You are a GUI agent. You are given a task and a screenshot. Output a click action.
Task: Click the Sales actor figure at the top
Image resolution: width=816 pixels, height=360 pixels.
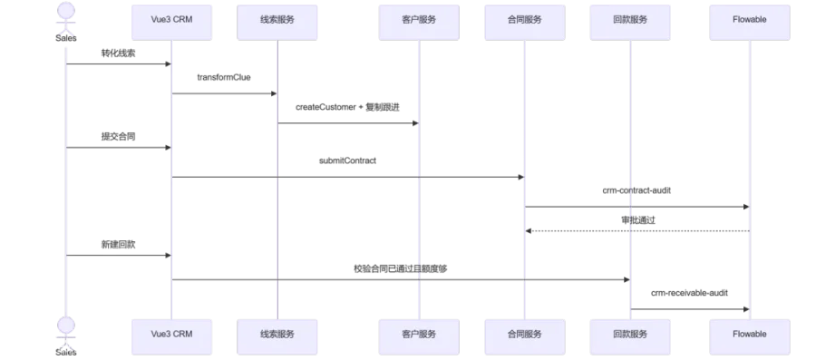[66, 18]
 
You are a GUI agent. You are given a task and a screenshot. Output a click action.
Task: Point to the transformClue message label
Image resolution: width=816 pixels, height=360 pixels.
[224, 77]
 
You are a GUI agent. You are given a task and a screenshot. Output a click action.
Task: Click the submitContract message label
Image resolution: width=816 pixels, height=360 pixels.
[347, 161]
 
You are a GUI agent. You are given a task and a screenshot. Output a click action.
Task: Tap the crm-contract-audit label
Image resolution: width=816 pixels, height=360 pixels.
[637, 190]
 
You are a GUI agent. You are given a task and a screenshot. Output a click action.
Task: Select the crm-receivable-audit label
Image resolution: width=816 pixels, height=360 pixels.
[690, 293]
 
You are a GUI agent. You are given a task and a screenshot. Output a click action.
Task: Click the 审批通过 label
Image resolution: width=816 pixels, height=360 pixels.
[638, 220]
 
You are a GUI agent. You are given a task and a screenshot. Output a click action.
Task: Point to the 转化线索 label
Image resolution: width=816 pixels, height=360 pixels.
[119, 54]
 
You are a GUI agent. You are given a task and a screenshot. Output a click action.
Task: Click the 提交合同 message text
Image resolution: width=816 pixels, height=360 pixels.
[119, 137]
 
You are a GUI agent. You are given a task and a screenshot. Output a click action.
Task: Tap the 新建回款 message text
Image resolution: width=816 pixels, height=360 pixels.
[119, 245]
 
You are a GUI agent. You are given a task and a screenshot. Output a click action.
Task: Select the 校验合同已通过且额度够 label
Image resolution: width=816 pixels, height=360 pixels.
[400, 269]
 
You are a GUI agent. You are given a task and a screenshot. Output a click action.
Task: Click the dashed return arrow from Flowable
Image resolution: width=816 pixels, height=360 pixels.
[637, 230]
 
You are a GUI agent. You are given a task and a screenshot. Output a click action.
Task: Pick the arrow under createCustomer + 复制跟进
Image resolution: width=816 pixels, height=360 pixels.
[348, 123]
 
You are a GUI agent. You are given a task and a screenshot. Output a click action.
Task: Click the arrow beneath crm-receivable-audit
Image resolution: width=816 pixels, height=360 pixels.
[690, 309]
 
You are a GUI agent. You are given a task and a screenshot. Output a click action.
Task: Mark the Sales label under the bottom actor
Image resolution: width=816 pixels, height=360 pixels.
[66, 352]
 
